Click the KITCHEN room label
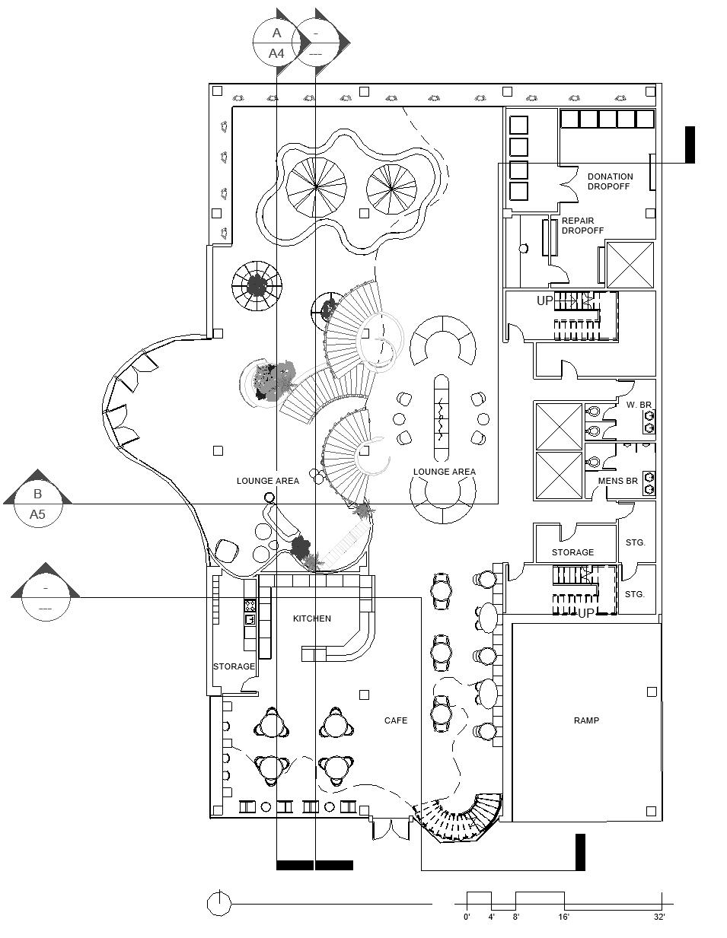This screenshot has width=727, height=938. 312,618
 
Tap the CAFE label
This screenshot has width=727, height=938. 395,720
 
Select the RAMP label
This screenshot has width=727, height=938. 586,720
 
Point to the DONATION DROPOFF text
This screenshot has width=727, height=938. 609,181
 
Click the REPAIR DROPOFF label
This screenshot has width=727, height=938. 582,225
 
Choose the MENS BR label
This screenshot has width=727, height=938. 617,481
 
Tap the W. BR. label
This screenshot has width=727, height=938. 638,405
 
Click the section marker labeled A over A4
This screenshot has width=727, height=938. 277,43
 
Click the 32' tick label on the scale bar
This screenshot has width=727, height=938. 659,917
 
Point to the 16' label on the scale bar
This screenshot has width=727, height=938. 563,917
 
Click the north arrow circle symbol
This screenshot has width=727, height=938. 219,904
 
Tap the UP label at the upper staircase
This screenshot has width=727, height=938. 545,301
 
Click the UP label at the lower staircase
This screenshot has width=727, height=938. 586,612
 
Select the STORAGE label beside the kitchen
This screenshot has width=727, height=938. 234,666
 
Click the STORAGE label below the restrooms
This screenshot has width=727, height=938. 572,552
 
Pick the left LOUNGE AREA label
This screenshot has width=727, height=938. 268,481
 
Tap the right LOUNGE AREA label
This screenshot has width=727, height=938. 445,472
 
